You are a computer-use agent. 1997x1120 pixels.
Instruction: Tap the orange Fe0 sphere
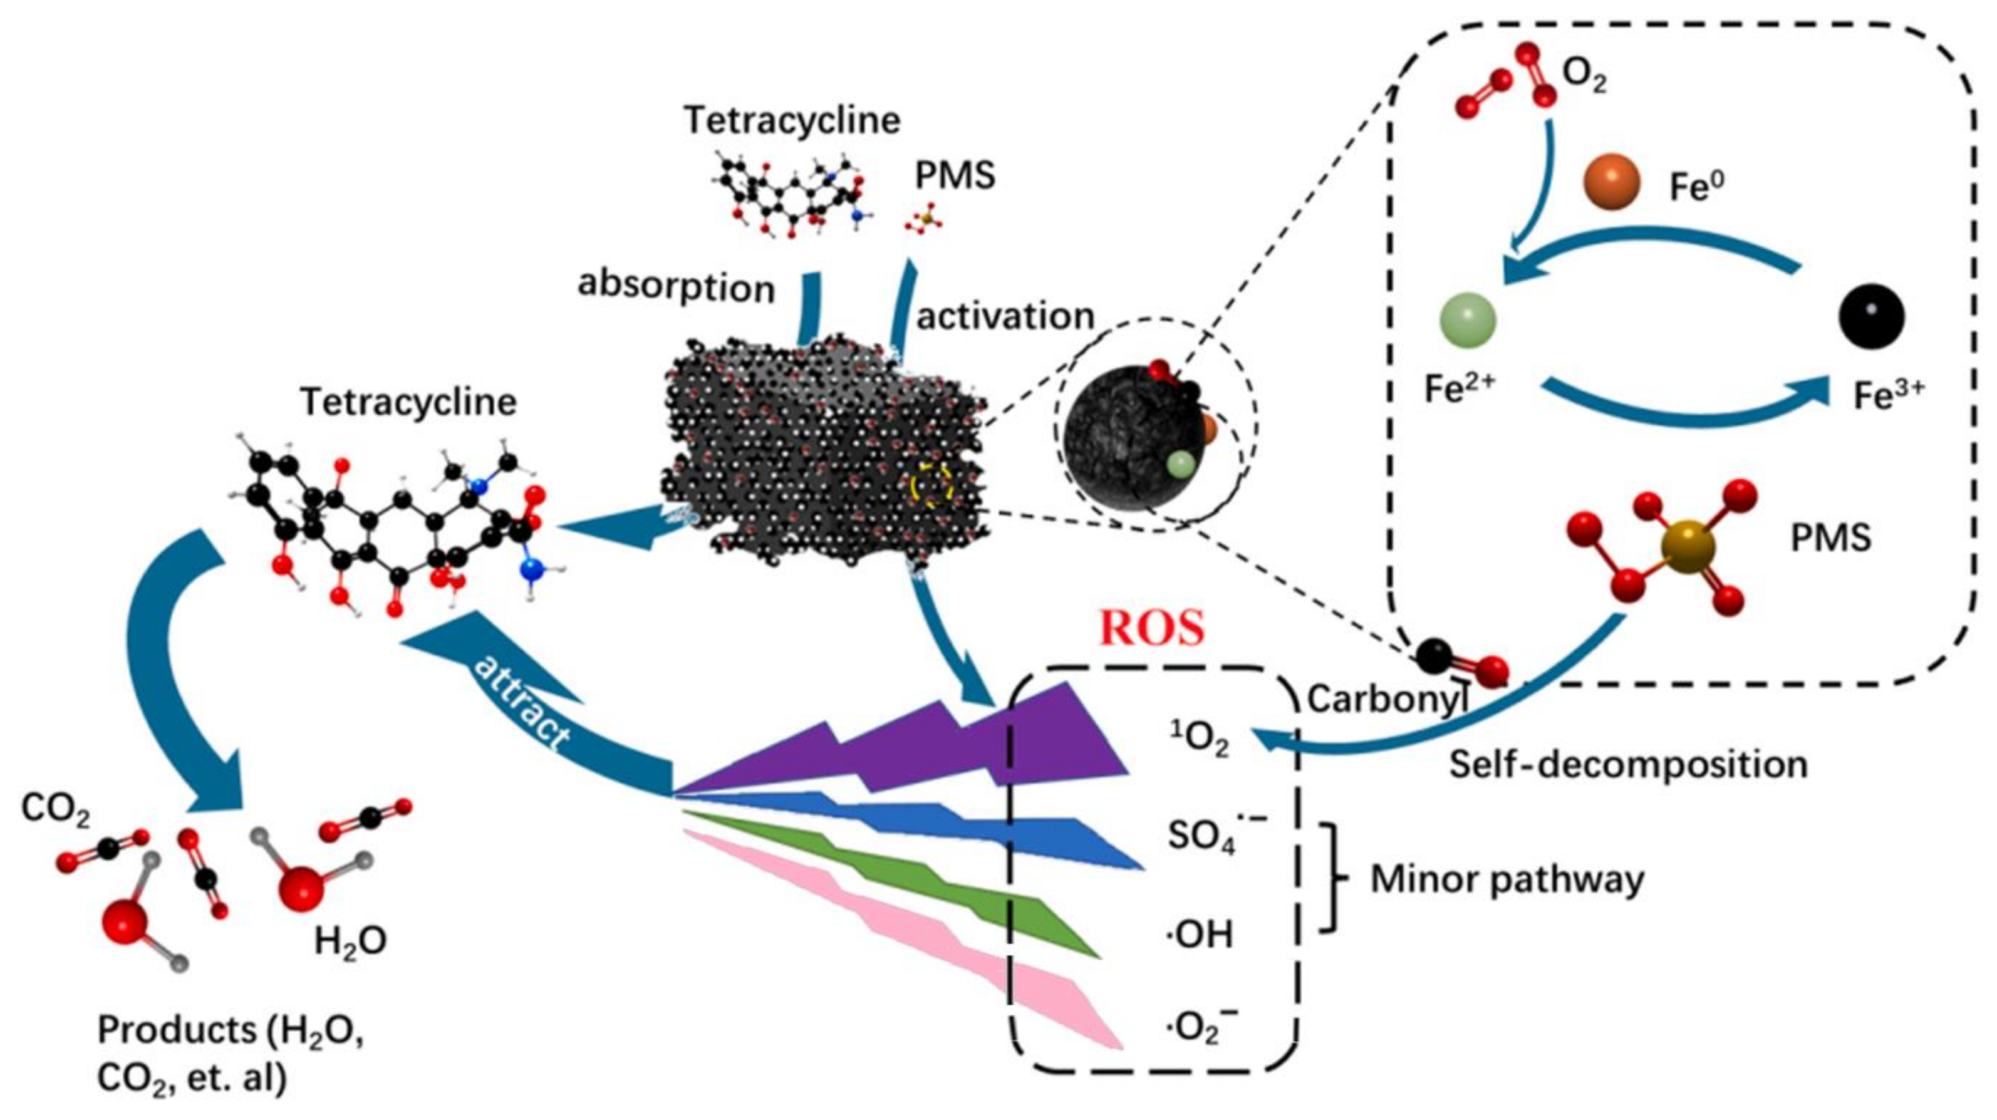pos(1612,182)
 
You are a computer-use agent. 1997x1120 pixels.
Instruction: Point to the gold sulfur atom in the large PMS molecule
pos(1688,547)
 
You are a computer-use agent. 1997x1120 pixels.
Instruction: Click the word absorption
pos(676,288)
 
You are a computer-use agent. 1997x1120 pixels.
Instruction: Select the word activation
pos(1005,316)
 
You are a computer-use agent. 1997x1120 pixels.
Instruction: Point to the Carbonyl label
pos(1386,699)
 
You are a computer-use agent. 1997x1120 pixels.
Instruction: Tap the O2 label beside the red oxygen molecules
pos(1584,75)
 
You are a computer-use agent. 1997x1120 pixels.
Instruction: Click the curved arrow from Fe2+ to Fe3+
pos(1683,411)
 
